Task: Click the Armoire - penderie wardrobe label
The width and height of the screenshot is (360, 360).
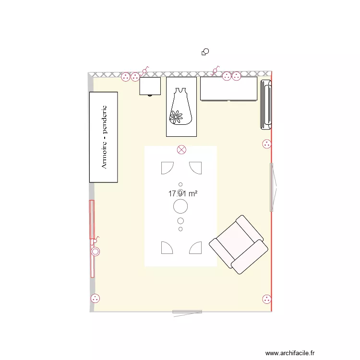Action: (x=104, y=137)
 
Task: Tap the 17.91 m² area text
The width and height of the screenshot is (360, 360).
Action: (x=183, y=194)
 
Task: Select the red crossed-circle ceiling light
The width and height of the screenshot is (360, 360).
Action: (x=181, y=150)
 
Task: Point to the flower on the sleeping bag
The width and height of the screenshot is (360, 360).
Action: (x=176, y=116)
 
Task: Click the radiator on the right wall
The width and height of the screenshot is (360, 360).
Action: (x=266, y=105)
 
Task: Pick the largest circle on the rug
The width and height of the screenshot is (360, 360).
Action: (x=180, y=206)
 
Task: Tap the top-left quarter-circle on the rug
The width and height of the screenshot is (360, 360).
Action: (x=167, y=168)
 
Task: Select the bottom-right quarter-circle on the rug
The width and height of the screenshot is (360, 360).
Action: (x=196, y=248)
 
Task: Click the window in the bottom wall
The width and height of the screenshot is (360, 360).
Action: (x=187, y=312)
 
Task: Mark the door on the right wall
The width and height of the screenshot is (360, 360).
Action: (x=273, y=187)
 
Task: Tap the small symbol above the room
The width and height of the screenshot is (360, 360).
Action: (x=205, y=51)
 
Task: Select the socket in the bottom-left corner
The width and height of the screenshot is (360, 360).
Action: (x=95, y=299)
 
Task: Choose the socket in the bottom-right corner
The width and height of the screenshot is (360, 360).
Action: (x=266, y=300)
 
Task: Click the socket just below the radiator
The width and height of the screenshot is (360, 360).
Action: (x=266, y=143)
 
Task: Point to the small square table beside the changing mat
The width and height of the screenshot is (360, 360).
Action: (x=150, y=86)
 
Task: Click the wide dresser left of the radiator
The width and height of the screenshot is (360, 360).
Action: (x=229, y=89)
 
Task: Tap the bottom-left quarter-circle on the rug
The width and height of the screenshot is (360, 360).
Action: (x=167, y=248)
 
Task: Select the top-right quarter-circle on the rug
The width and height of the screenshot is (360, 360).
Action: (x=195, y=168)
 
